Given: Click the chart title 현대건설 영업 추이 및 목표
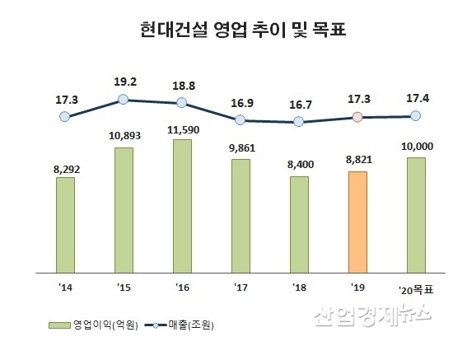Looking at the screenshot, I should [x=232, y=32].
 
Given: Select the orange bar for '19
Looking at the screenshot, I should [x=357, y=221].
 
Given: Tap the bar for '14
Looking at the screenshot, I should [x=65, y=223].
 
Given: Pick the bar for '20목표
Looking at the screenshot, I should [x=416, y=214].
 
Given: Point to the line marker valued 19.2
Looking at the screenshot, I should [x=123, y=99].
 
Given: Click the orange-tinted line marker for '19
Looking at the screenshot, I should [x=357, y=117].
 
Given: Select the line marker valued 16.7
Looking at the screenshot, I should [x=298, y=121].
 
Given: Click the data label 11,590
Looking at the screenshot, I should [x=182, y=129].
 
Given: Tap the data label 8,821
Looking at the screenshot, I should [x=357, y=161].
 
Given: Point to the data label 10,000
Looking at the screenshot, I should [x=416, y=147].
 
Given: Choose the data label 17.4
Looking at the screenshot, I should [x=416, y=97].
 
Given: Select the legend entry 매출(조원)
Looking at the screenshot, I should [x=194, y=324].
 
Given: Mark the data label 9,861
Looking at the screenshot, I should [x=241, y=149].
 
